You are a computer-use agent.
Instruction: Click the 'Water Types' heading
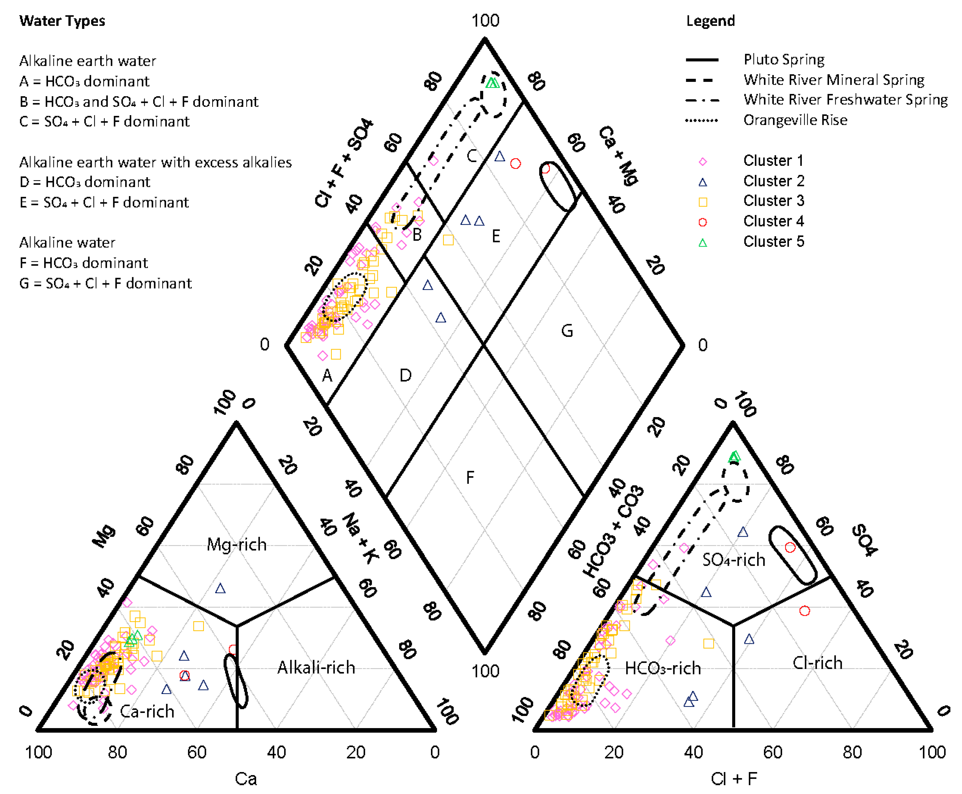[62, 21]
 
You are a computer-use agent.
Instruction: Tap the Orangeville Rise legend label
[795, 120]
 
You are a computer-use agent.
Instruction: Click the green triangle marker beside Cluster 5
[703, 242]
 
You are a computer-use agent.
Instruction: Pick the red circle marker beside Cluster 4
[703, 222]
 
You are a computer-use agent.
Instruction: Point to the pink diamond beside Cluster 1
[703, 162]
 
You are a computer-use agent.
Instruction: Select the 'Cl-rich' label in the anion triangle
[817, 663]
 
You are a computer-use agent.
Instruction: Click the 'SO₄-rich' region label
[734, 560]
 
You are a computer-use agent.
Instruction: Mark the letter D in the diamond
[405, 375]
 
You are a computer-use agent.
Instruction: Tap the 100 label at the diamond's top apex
[485, 21]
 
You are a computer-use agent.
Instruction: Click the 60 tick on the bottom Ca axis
[197, 752]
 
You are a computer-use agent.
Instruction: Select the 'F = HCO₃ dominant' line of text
[84, 263]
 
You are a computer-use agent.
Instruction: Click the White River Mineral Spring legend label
[833, 80]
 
